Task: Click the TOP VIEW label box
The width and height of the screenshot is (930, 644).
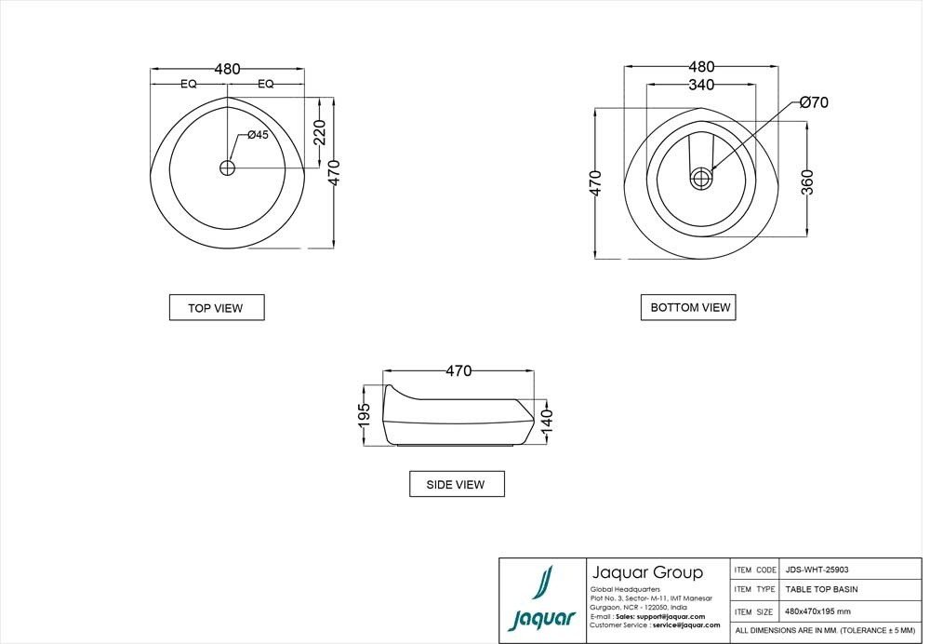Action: pyautogui.click(x=216, y=307)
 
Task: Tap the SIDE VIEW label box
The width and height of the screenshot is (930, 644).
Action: pyautogui.click(x=457, y=484)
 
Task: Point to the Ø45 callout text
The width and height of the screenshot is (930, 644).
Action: pyautogui.click(x=258, y=135)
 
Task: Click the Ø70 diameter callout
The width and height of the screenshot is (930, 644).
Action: pyautogui.click(x=813, y=102)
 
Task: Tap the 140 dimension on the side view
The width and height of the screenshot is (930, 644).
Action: pyautogui.click(x=547, y=421)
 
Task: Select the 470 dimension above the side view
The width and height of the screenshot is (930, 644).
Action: pyautogui.click(x=458, y=370)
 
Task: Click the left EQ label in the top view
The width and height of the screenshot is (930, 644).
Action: pyautogui.click(x=189, y=84)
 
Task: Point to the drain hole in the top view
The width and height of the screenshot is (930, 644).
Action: pyautogui.click(x=228, y=168)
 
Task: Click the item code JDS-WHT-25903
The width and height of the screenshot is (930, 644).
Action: pyautogui.click(x=817, y=570)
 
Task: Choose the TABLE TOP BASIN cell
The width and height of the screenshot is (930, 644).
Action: pyautogui.click(x=821, y=589)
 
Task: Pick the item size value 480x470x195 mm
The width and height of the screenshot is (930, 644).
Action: pyautogui.click(x=817, y=611)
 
